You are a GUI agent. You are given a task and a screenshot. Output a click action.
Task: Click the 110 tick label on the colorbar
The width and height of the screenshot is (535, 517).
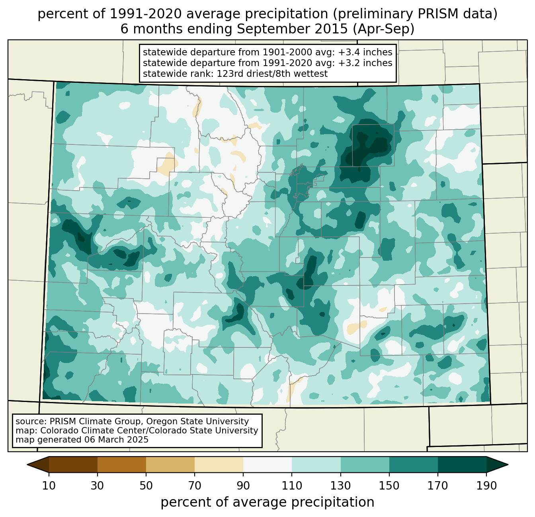[x=292, y=486]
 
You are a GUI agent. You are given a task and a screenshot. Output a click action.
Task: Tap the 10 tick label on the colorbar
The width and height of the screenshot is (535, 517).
[x=49, y=486]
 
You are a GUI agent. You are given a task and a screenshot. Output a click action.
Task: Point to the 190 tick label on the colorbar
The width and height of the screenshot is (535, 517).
[x=486, y=486]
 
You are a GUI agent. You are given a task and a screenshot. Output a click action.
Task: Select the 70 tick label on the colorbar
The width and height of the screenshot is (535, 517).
[x=195, y=486]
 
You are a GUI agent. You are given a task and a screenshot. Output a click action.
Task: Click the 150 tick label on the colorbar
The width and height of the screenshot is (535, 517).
[x=389, y=486]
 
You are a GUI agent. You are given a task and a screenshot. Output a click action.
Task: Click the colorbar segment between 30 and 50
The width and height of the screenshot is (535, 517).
[x=122, y=464]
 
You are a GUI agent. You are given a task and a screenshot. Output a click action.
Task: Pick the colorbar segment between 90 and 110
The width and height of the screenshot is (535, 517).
[x=267, y=464]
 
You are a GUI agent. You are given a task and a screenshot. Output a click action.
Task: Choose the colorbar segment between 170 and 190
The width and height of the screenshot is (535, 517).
[x=462, y=464]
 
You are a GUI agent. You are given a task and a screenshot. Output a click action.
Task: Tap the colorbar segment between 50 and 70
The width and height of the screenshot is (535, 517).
[x=170, y=464]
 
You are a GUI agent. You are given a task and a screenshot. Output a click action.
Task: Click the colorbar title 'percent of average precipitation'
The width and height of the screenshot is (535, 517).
[x=267, y=502]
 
